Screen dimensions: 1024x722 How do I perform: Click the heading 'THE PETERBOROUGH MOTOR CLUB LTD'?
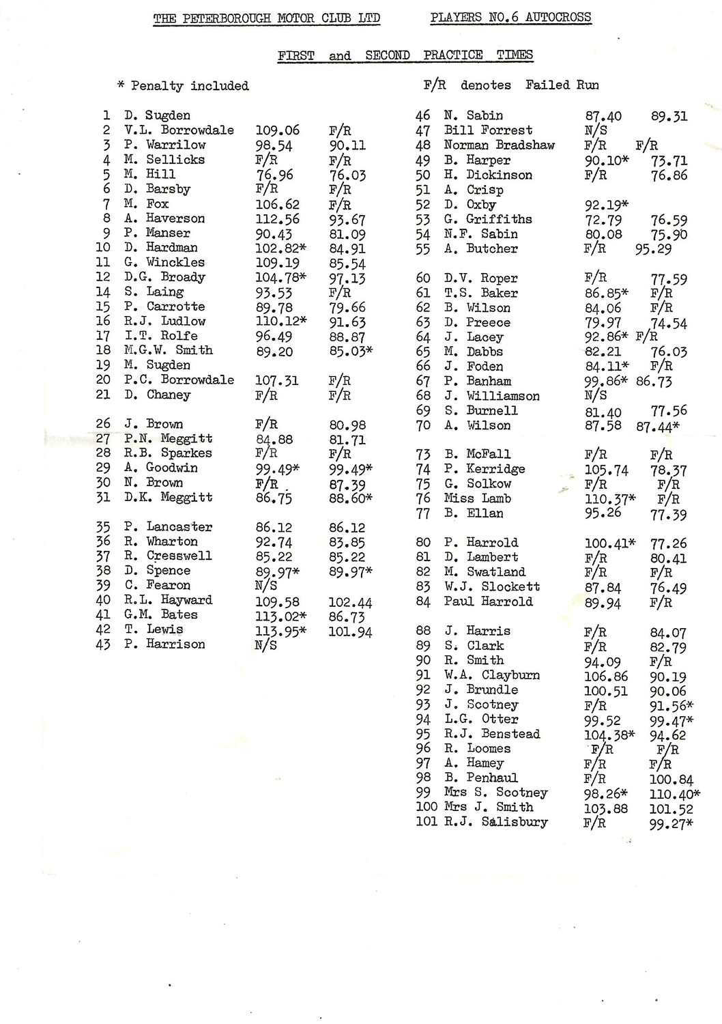[266, 18]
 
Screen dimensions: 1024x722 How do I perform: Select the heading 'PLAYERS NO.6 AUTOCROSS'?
[510, 17]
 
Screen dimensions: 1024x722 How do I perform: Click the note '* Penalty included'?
[183, 86]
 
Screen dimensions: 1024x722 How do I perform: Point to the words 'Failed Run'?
[562, 85]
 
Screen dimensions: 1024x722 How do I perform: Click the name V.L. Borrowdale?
[179, 130]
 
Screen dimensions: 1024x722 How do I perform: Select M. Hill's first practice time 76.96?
[274, 175]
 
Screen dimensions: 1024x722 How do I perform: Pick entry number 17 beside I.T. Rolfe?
[103, 336]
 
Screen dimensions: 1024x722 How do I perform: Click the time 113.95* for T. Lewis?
[280, 631]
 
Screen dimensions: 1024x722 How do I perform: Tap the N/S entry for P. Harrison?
[265, 645]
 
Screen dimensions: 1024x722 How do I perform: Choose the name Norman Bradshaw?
[499, 145]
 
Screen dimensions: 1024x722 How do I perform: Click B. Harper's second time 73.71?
[669, 161]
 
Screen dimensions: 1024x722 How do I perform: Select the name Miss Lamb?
[477, 498]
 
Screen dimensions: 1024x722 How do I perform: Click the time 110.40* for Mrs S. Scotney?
[675, 795]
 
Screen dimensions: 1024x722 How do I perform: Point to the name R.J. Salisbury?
[495, 822]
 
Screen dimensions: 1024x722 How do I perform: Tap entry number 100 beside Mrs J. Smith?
[426, 807]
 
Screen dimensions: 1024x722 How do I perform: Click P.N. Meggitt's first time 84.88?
[274, 440]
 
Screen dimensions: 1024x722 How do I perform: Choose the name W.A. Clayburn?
[491, 675]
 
